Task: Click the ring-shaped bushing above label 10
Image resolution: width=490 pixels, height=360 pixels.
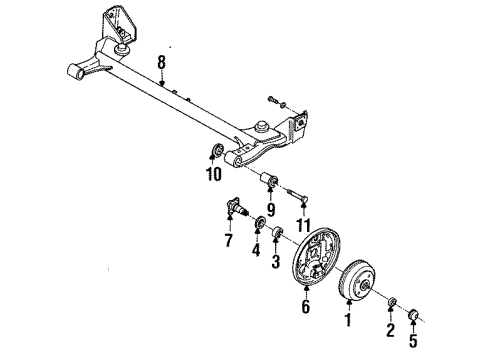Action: (x=213, y=153)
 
